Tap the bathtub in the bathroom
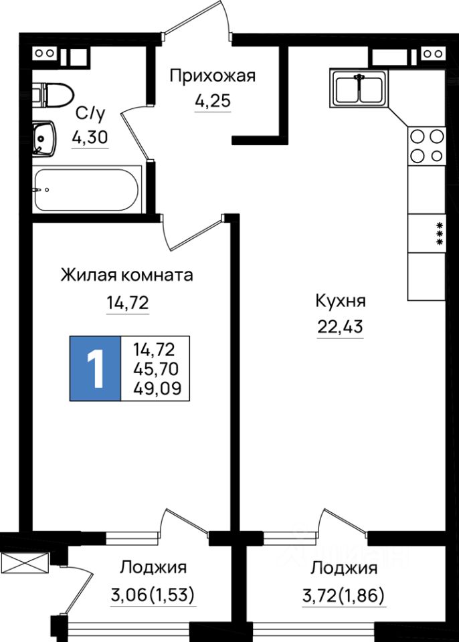(x=86, y=190)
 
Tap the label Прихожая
(x=212, y=76)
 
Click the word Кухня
(x=340, y=302)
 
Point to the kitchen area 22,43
(x=340, y=327)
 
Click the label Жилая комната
(x=126, y=276)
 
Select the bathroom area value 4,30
(x=90, y=137)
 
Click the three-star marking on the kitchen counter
(x=440, y=234)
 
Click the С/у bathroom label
(x=89, y=112)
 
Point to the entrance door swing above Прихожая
(x=199, y=20)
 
